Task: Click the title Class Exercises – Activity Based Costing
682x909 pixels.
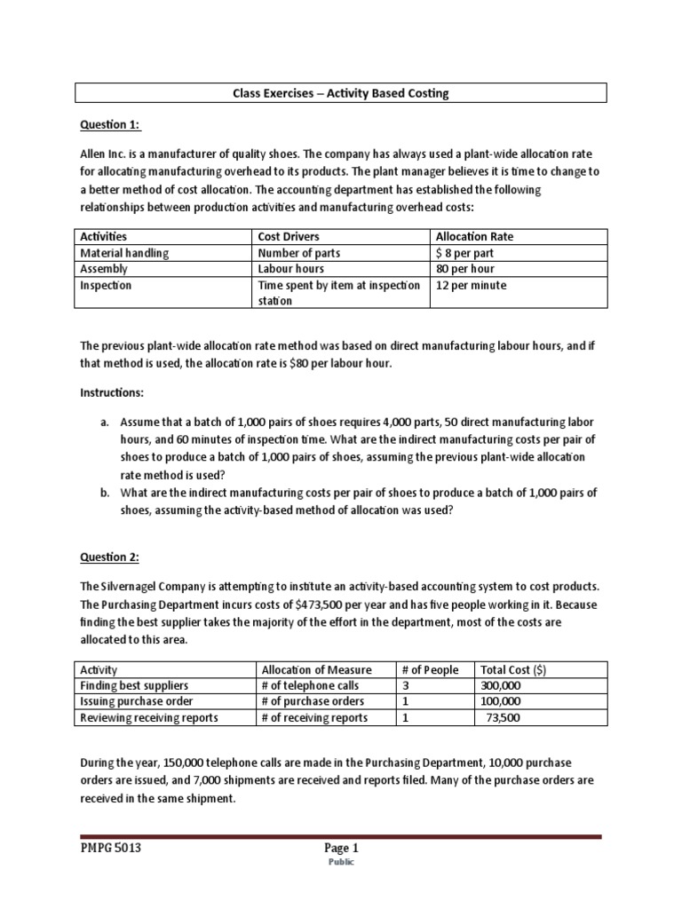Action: click(x=341, y=93)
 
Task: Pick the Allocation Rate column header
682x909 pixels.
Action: click(x=474, y=236)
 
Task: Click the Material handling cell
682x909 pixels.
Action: click(x=124, y=252)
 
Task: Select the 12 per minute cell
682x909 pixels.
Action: click(x=470, y=285)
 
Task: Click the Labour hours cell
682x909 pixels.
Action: click(x=290, y=268)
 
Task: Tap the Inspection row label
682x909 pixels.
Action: click(x=106, y=285)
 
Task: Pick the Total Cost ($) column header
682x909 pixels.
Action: click(x=513, y=669)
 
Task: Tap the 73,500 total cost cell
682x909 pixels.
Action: click(x=504, y=717)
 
